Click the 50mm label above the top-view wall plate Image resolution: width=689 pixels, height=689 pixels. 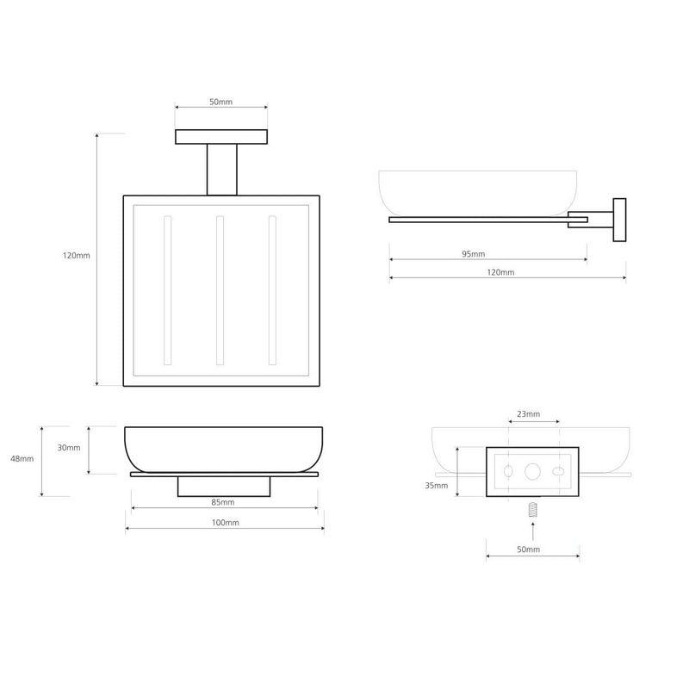coord(220,102)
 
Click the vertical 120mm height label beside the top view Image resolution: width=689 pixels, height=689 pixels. coord(77,255)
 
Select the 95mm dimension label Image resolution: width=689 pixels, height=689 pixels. coord(473,254)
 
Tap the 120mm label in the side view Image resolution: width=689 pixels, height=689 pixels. coord(500,272)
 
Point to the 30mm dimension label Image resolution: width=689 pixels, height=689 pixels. coord(69,448)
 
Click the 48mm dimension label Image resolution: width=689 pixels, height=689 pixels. coord(22,459)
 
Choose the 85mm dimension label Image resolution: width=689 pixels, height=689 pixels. coord(223,502)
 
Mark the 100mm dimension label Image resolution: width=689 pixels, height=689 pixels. coord(226,523)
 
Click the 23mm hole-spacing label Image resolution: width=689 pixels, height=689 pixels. coord(528,414)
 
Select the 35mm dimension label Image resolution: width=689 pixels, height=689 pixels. coord(437,486)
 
